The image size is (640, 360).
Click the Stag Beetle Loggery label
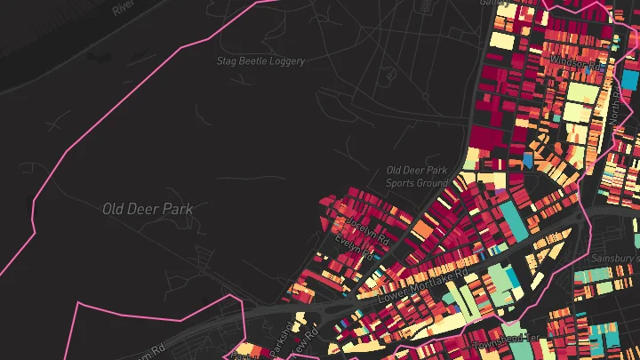click(260, 61)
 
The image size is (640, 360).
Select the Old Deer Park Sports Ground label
click(417, 176)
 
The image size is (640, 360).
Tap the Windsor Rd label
click(577, 62)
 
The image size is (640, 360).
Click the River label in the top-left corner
click(124, 7)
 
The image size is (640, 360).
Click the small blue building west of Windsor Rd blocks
click(528, 161)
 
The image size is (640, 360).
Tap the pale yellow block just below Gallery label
click(502, 40)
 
